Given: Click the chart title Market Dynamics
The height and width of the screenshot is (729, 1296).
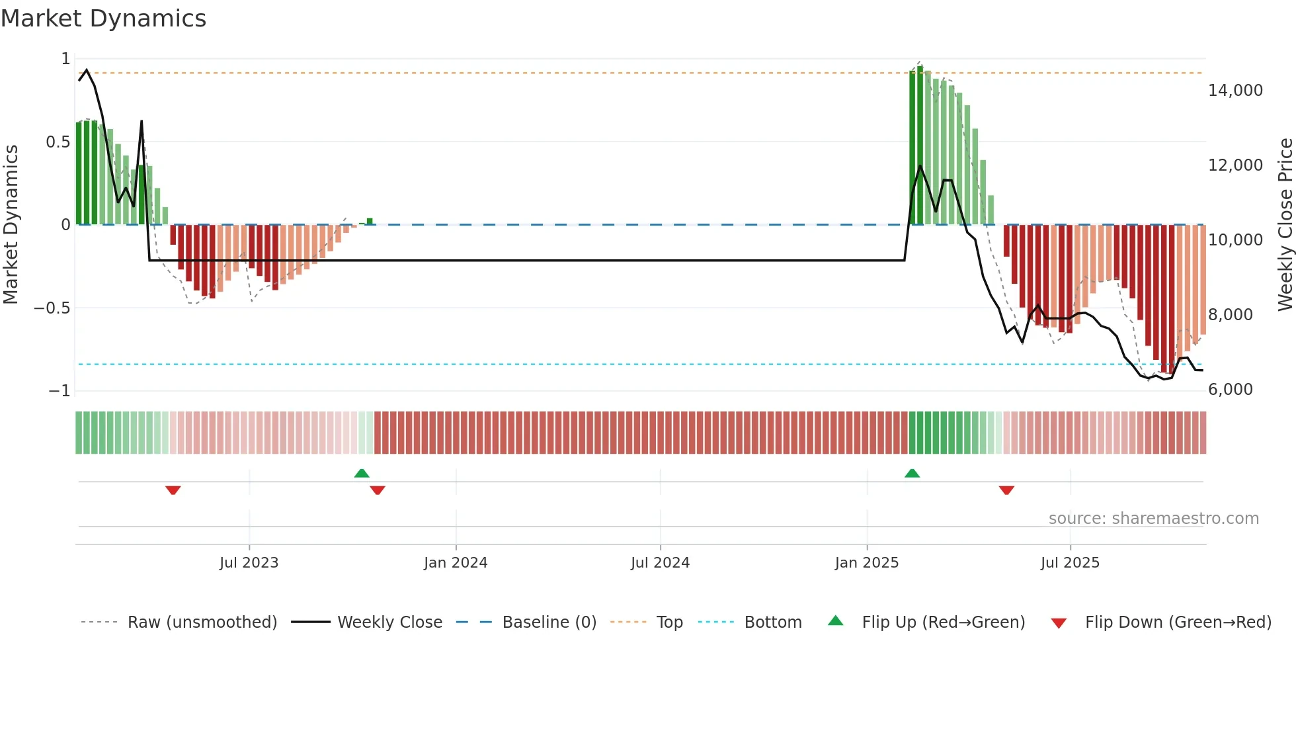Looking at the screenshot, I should tap(103, 19).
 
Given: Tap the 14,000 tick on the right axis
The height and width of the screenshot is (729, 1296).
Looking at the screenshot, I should tap(1235, 91).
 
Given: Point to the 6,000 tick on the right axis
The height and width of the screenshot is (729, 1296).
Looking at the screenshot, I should tap(1230, 390).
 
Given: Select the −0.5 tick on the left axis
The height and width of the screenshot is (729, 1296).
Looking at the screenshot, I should tap(52, 308).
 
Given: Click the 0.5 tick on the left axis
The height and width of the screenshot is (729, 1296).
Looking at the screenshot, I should tap(58, 142).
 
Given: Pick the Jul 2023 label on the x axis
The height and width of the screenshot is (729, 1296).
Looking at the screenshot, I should tap(249, 563).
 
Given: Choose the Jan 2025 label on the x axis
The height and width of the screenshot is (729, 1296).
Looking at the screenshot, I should tap(866, 563).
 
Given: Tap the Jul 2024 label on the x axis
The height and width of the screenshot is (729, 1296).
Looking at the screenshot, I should tap(660, 563).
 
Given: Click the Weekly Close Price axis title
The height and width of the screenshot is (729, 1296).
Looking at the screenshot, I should tap(1285, 224).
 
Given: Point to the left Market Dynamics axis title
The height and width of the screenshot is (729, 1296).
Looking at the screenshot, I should tap(11, 224).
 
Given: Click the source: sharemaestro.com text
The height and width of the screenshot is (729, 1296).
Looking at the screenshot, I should tap(1153, 519).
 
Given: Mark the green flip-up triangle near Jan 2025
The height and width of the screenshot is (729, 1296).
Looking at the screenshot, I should tap(912, 474).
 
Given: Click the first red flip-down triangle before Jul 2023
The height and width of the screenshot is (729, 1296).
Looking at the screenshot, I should tap(173, 490).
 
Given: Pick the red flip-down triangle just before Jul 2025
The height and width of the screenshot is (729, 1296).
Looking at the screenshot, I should tap(1006, 490).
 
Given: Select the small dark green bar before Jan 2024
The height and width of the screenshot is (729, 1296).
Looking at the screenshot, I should tap(370, 222).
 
